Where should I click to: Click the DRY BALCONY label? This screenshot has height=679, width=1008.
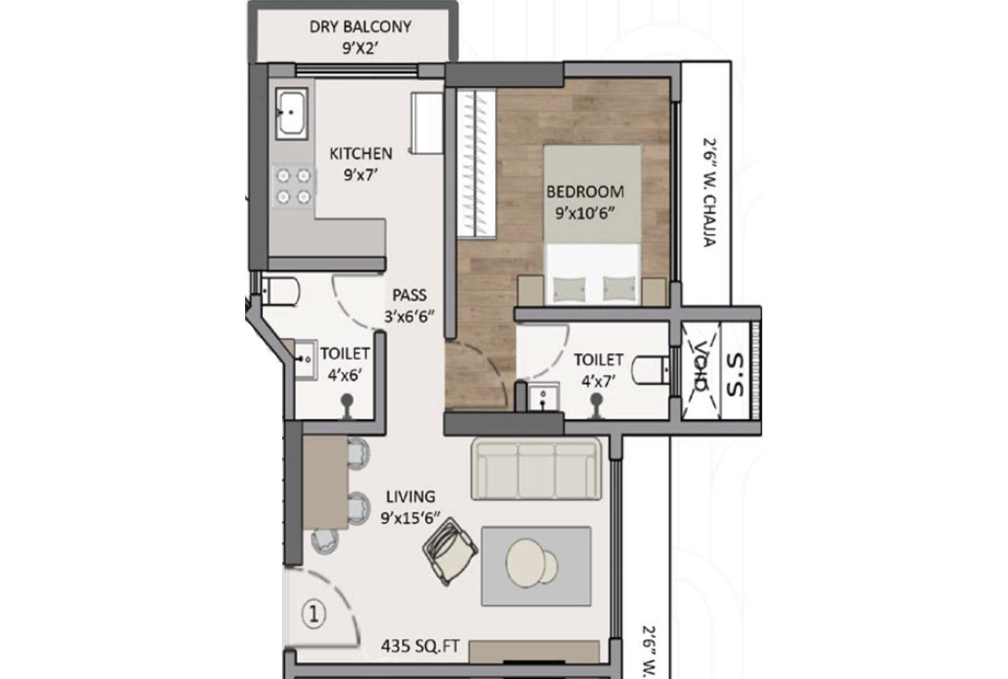[x=360, y=27]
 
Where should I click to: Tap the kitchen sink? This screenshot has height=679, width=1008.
[x=289, y=112]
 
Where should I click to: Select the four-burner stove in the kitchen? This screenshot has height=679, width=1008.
[x=293, y=186]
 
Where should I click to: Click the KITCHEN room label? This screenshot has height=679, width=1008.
[x=360, y=153]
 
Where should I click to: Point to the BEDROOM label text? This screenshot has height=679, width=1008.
[x=585, y=191]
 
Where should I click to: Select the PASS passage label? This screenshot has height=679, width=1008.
[x=409, y=295]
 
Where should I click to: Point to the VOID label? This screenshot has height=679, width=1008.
[x=700, y=365]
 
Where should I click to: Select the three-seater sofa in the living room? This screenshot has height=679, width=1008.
[x=536, y=468]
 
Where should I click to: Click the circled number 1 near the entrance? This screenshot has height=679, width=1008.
[x=314, y=614]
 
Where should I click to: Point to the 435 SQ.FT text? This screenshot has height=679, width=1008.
[x=420, y=646]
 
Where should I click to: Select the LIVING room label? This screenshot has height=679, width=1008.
[x=410, y=496]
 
